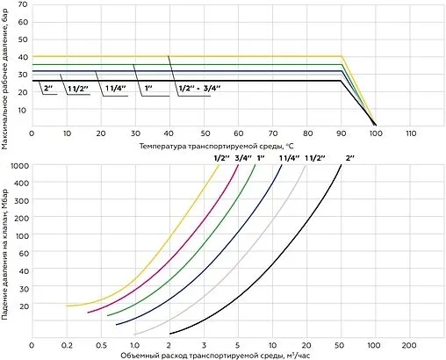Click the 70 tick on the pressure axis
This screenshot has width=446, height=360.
tap(22, 5)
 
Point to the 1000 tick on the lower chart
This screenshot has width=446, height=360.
tap(18, 164)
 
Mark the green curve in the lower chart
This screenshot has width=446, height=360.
tap(211, 246)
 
